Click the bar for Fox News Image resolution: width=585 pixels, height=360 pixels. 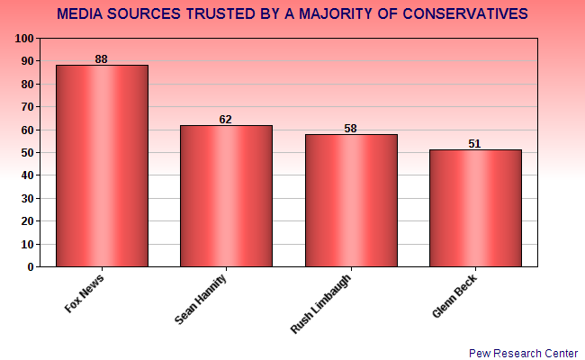point(102,166)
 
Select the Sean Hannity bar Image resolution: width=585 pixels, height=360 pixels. point(226,196)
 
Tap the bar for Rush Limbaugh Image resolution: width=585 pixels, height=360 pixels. point(351,201)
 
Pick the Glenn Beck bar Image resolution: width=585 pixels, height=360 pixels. point(475,209)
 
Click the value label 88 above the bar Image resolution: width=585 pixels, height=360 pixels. point(102,58)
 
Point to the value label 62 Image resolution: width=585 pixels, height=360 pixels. point(226,119)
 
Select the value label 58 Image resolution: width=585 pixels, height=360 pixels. point(351,128)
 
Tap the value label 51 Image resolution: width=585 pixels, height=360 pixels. point(475,143)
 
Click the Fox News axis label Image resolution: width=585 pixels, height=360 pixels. point(84,293)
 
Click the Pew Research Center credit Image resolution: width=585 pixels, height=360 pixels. point(523,353)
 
